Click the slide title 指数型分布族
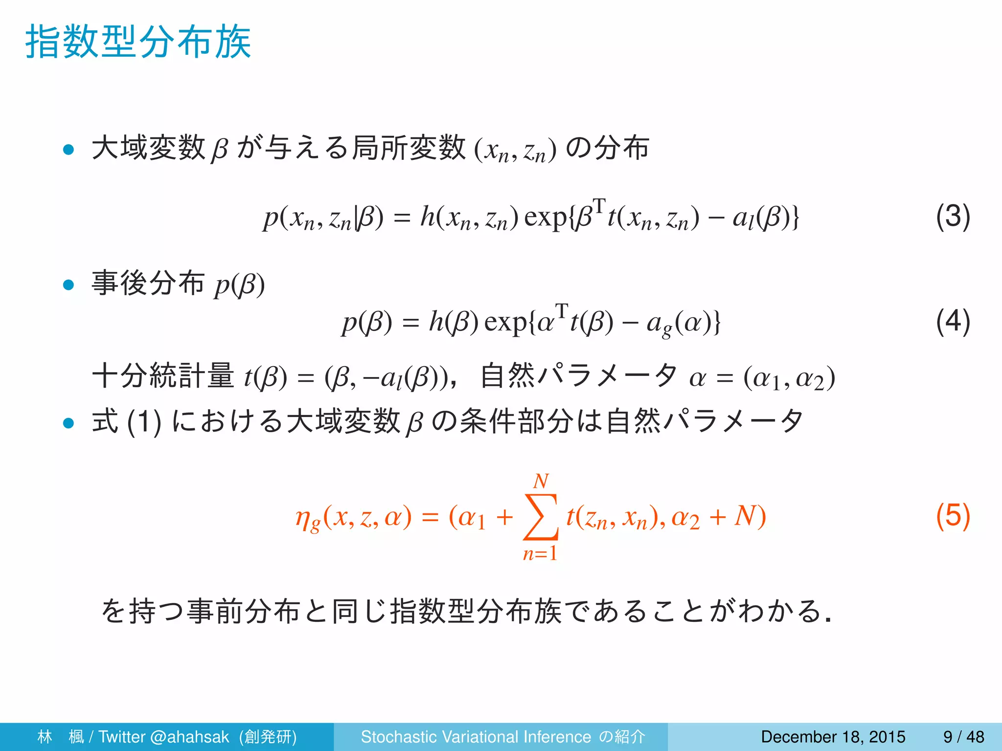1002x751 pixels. point(138,43)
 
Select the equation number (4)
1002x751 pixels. point(953,322)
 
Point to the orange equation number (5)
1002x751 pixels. point(953,516)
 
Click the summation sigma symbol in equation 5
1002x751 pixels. point(540,517)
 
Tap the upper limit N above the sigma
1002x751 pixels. point(541,482)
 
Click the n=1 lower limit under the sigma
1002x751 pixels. point(540,553)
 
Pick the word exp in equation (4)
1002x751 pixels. point(505,323)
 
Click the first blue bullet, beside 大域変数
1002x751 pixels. point(68,149)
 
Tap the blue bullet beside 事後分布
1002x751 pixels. point(68,285)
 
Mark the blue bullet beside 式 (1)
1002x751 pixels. point(68,422)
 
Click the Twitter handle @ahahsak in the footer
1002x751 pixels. point(190,737)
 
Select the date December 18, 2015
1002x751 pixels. point(833,737)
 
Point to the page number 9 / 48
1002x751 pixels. point(963,737)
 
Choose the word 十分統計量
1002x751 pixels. point(163,376)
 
